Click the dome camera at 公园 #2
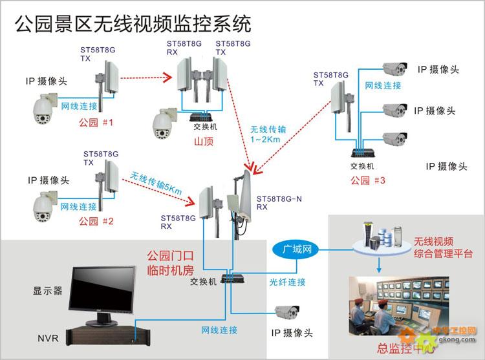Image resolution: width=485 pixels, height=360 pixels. tap(46, 205)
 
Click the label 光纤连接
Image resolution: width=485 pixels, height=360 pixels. tap(287, 282)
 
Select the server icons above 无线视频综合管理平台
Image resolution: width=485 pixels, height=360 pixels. tap(379, 238)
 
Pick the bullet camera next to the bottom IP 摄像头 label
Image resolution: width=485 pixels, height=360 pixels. tap(285, 313)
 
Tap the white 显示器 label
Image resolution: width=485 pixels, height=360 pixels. tap(48, 291)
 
